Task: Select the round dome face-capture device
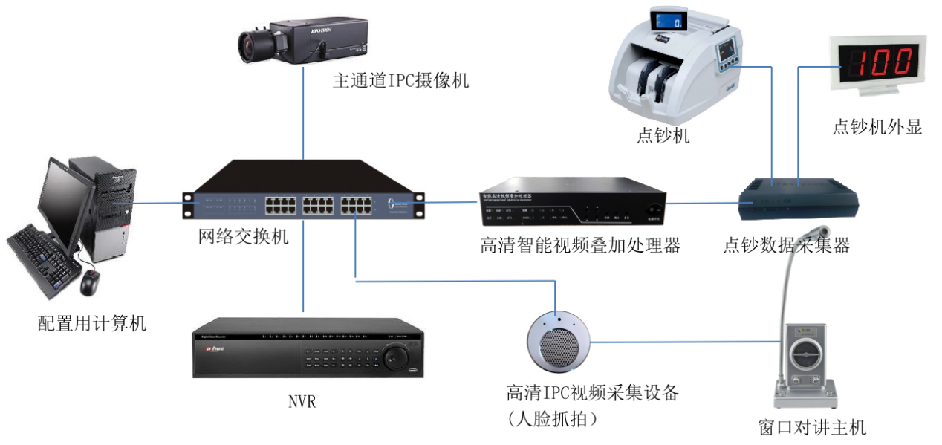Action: tap(559, 342)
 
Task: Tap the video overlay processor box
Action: tap(572, 201)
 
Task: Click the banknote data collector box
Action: tap(799, 198)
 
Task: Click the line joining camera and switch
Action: tap(304, 111)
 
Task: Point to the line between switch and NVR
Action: tap(304, 267)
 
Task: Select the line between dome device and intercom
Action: tap(683, 342)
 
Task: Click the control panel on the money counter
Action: tap(724, 53)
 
